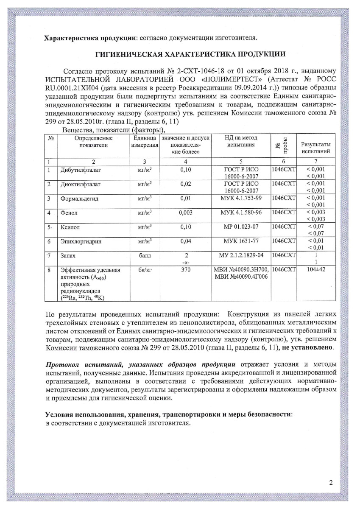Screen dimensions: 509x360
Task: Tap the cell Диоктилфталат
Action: point(80,185)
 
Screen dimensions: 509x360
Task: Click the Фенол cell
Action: point(69,212)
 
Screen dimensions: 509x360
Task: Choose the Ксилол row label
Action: point(71,227)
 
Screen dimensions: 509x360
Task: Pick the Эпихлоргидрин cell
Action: point(81,241)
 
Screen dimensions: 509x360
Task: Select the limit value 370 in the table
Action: point(184,269)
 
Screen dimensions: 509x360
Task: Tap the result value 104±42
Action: point(316,269)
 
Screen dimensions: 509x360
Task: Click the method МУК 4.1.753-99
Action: point(241,198)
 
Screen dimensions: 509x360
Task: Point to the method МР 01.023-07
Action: point(241,227)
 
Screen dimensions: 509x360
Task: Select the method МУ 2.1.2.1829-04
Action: point(241,256)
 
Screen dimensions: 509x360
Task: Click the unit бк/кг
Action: point(145,269)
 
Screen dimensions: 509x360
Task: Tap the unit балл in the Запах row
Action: point(145,256)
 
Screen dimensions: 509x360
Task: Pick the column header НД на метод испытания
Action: point(241,142)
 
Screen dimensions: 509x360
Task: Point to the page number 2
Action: point(331,483)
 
